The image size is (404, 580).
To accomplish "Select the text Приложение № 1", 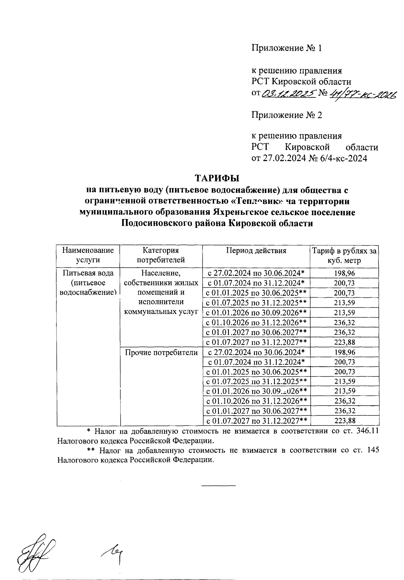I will click(x=287, y=48).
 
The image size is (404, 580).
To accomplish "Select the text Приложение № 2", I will click(x=287, y=115).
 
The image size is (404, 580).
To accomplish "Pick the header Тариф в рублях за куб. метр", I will click(x=344, y=255).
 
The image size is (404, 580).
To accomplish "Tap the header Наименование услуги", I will click(x=88, y=255).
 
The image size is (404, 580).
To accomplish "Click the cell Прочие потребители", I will click(x=161, y=353).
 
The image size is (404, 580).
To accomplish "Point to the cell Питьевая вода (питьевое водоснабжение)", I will click(x=88, y=282).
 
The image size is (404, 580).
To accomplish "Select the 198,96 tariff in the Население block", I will click(x=344, y=273).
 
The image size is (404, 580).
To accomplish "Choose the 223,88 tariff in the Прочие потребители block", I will click(x=344, y=421).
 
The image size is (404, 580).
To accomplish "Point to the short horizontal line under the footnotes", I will click(x=218, y=485).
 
